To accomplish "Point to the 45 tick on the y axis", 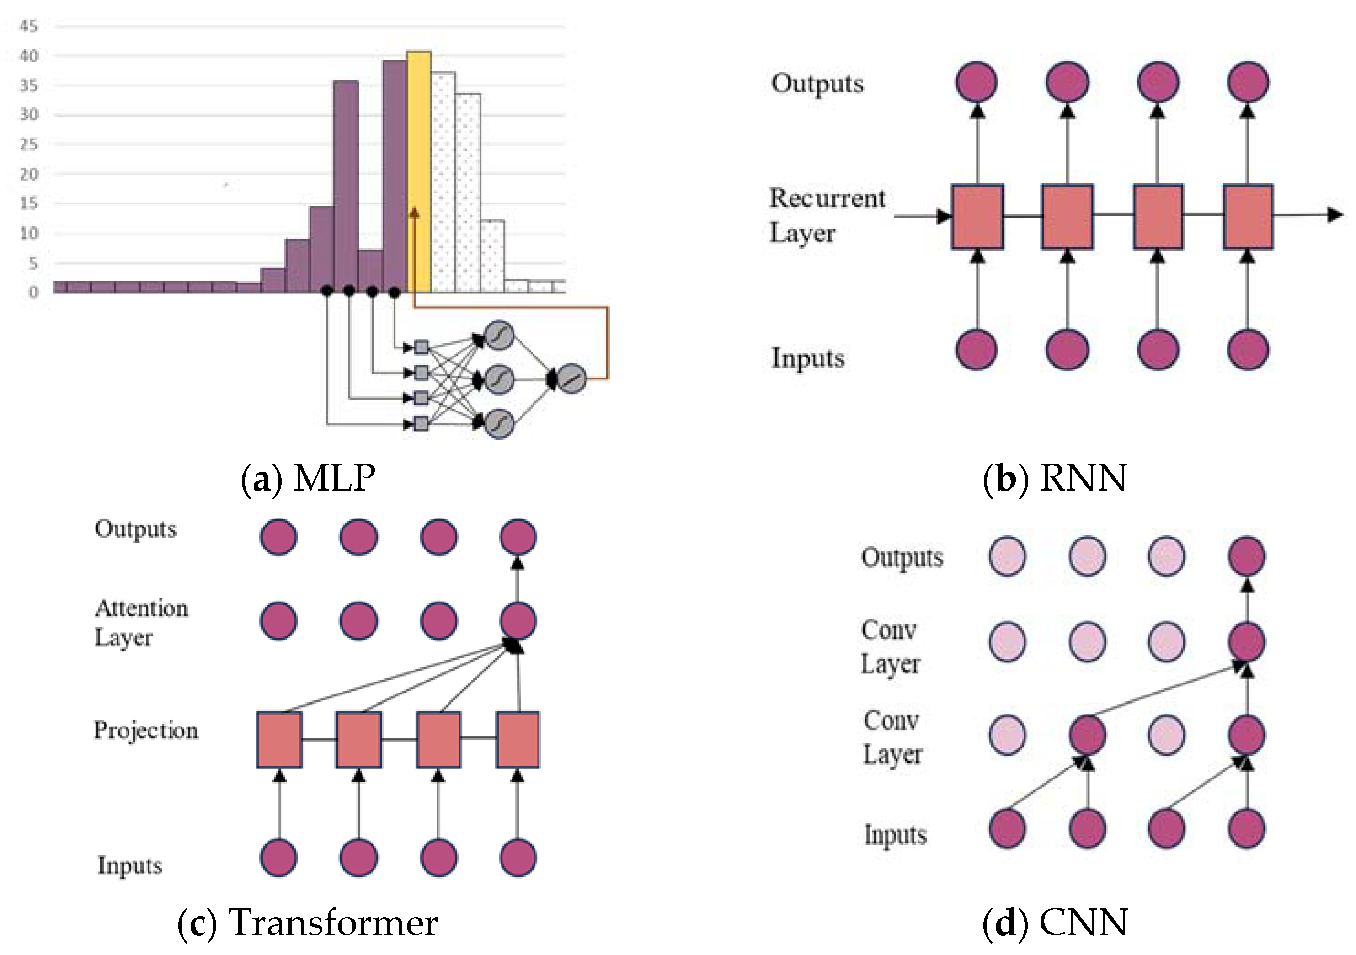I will [28, 26].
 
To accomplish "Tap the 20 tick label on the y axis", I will [28, 174].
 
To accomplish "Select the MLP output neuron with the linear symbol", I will [571, 379].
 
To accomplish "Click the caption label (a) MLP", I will [308, 478].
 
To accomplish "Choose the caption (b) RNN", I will [1055, 478].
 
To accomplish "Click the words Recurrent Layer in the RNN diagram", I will [827, 216].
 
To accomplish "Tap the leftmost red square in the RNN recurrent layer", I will [977, 216].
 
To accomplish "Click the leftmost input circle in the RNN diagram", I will [977, 350].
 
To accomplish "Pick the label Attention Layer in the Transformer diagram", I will [141, 623].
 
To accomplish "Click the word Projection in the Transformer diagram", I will [146, 731].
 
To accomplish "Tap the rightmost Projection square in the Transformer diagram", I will [518, 739].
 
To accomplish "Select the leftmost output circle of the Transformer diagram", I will [278, 537].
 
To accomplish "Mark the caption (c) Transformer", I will [308, 923].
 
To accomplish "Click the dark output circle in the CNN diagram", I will [1246, 556].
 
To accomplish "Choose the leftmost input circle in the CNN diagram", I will [1007, 828].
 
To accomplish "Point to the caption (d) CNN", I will [1055, 923].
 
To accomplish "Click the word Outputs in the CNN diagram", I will [902, 558].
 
